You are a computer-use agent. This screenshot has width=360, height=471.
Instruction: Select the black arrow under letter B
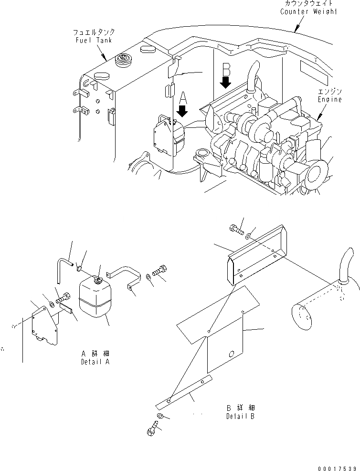(x=225, y=82)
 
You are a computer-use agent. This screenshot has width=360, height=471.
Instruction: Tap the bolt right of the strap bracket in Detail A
(x=159, y=271)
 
